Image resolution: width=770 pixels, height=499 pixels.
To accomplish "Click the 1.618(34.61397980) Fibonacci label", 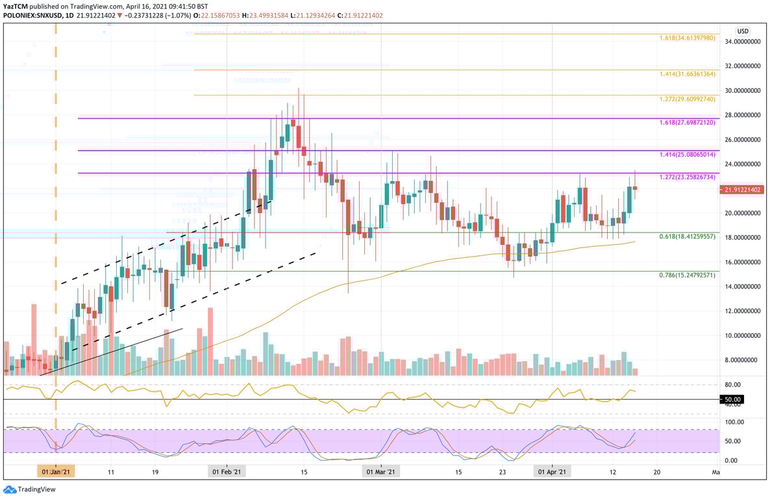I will (687, 38).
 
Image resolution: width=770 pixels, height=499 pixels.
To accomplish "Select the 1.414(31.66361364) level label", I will (687, 74).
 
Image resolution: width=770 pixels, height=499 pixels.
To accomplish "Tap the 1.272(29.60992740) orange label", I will (687, 99).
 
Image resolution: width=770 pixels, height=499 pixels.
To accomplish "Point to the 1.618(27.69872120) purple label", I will (687, 122).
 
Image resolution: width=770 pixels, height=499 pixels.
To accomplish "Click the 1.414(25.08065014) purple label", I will (687, 155).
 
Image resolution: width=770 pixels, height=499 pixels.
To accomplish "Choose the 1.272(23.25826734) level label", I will (687, 177).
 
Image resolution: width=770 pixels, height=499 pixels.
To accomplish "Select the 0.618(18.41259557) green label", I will (687, 237).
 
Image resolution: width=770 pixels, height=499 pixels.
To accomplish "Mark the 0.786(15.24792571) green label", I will (687, 275).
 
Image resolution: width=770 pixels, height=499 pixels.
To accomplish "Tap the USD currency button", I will (743, 31).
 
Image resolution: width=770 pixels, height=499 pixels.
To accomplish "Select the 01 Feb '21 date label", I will (227, 472).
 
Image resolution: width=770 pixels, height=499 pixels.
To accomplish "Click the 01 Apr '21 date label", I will (552, 472).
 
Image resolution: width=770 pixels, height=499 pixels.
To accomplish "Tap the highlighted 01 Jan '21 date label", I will (56, 472).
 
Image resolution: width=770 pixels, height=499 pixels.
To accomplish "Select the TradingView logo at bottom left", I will (20, 489).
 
